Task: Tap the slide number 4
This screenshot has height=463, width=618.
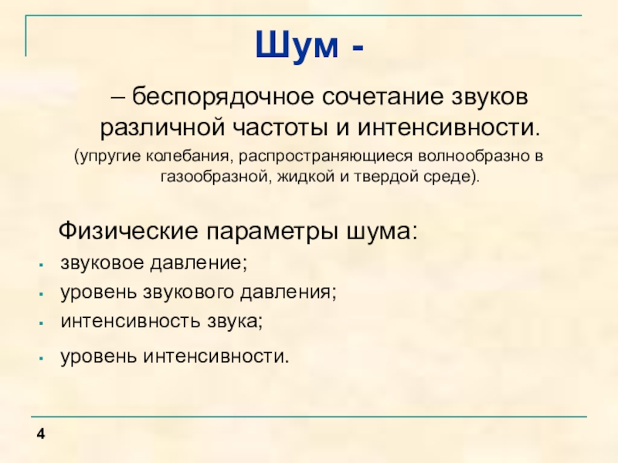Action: (x=39, y=437)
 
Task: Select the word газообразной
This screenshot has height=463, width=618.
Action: (x=211, y=176)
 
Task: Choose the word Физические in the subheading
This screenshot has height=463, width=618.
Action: (x=127, y=231)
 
